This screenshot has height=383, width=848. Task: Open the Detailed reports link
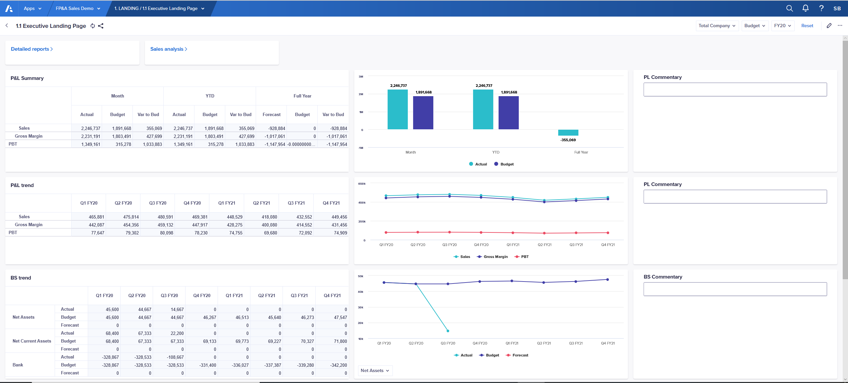[x=31, y=49]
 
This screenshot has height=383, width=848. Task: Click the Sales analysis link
[x=168, y=49]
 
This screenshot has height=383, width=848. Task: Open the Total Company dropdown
[x=717, y=26]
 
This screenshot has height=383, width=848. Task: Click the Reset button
[x=807, y=26]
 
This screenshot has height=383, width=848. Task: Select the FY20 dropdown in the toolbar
[x=782, y=26]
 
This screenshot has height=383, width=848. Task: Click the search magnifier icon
[x=789, y=8]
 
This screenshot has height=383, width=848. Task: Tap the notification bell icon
[x=805, y=8]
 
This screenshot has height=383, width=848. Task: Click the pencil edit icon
[x=829, y=26]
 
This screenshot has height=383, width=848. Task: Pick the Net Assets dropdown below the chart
[x=375, y=370]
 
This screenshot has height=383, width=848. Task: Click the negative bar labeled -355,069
[x=568, y=133]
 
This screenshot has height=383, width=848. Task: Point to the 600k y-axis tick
[x=362, y=184]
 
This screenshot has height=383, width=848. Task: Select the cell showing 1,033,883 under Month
[x=152, y=144]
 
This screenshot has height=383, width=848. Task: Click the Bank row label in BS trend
[x=18, y=365]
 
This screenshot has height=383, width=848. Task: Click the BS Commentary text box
[x=735, y=289]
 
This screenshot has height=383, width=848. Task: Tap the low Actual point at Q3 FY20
[x=448, y=331]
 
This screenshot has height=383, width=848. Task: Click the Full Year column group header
[x=302, y=96]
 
